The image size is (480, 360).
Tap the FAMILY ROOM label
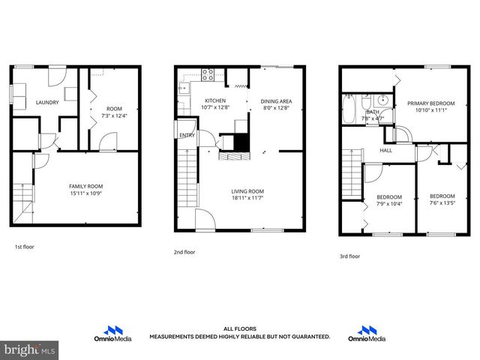tap(85, 186)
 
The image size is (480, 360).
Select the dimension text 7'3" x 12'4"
tap(113, 115)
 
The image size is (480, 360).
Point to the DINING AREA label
tap(276, 101)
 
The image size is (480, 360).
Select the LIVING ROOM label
tap(247, 191)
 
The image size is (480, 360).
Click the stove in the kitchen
tap(210, 73)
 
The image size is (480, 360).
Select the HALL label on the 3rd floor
tap(385, 150)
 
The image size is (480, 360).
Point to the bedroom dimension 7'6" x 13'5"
tap(441, 201)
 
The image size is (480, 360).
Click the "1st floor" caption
tap(24, 247)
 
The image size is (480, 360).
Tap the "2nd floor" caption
tap(184, 252)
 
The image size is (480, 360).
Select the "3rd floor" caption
tap(349, 256)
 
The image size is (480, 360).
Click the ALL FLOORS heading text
tap(239, 328)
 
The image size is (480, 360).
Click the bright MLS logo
tap(30, 349)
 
